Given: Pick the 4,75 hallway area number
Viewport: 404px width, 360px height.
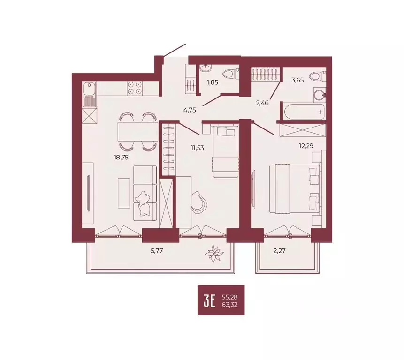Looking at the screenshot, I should (189, 110).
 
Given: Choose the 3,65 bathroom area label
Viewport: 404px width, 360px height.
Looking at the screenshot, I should (297, 80).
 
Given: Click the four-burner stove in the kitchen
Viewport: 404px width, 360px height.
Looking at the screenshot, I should (135, 89).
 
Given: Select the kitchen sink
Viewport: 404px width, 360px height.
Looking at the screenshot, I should (89, 88).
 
